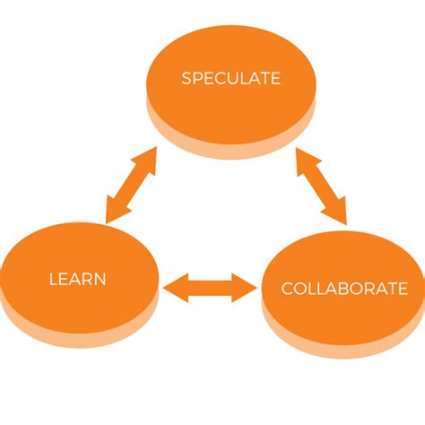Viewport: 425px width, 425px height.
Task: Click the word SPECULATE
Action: coord(230,78)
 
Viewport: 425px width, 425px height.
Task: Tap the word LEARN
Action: coord(78,279)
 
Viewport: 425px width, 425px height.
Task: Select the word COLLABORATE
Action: coord(344,289)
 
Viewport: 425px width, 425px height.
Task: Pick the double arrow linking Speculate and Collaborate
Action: coord(321,186)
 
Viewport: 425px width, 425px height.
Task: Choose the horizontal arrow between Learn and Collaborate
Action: coord(211,287)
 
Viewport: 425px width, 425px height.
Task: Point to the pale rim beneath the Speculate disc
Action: coord(230,143)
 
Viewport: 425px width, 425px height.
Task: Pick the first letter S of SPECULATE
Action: coord(186,78)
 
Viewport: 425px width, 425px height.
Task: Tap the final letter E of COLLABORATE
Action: coord(403,289)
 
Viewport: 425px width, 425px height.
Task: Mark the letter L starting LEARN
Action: coord(53,279)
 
